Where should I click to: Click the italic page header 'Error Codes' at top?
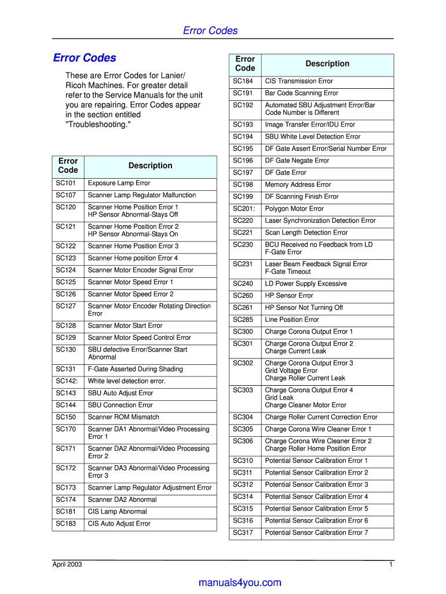pyautogui.click(x=210, y=31)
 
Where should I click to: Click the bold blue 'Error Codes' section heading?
pyautogui.click(x=85, y=58)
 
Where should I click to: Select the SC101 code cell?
pyautogui.click(x=66, y=183)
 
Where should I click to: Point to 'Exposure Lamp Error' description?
pyautogui.click(x=119, y=183)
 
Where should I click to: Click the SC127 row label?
pyautogui.click(x=66, y=306)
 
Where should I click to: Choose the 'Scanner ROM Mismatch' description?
pyautogui.click(x=123, y=417)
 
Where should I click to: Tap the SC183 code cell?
pyautogui.click(x=66, y=524)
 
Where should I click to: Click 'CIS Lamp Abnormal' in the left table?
pyautogui.click(x=117, y=512)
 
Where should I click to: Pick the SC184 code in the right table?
pyautogui.click(x=243, y=81)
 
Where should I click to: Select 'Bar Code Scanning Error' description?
pyautogui.click(x=301, y=93)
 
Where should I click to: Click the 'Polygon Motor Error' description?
pyautogui.click(x=294, y=209)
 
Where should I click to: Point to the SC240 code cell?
pyautogui.click(x=243, y=284)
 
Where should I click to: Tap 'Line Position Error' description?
pyautogui.click(x=292, y=320)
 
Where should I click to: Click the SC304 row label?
pyautogui.click(x=243, y=417)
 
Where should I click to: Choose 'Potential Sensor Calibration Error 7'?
pyautogui.click(x=316, y=533)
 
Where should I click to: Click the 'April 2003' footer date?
pyautogui.click(x=67, y=565)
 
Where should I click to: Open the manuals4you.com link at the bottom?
pyautogui.click(x=239, y=583)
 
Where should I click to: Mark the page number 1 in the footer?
pyautogui.click(x=392, y=565)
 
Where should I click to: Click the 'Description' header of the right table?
pyautogui.click(x=327, y=64)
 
